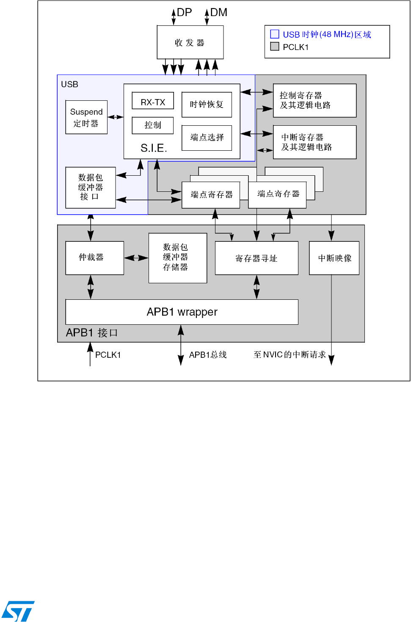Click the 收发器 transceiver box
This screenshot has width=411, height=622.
tap(190, 42)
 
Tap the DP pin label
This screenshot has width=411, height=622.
tap(184, 13)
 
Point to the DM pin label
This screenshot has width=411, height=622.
tap(218, 13)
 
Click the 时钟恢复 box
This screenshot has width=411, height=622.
tap(207, 105)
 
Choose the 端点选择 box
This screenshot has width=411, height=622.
tap(207, 138)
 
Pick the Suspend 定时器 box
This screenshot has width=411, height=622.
tap(86, 117)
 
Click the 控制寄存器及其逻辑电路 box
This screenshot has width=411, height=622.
tap(314, 100)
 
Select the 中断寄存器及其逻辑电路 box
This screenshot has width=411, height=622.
tap(314, 142)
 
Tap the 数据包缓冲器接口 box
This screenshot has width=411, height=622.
tap(90, 187)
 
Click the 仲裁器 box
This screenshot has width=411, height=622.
tap(94, 258)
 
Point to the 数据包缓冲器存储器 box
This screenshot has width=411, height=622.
tap(178, 258)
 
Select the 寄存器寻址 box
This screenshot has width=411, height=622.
tap(257, 258)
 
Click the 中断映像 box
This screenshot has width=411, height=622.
tap(334, 258)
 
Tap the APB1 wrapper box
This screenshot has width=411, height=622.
tap(182, 312)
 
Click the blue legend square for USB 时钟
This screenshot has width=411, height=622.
tap(275, 34)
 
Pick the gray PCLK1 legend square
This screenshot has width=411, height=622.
tap(275, 47)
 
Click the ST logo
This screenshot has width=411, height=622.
tap(18, 611)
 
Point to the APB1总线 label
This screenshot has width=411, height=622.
tap(208, 355)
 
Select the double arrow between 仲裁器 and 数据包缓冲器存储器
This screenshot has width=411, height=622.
tap(136, 258)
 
